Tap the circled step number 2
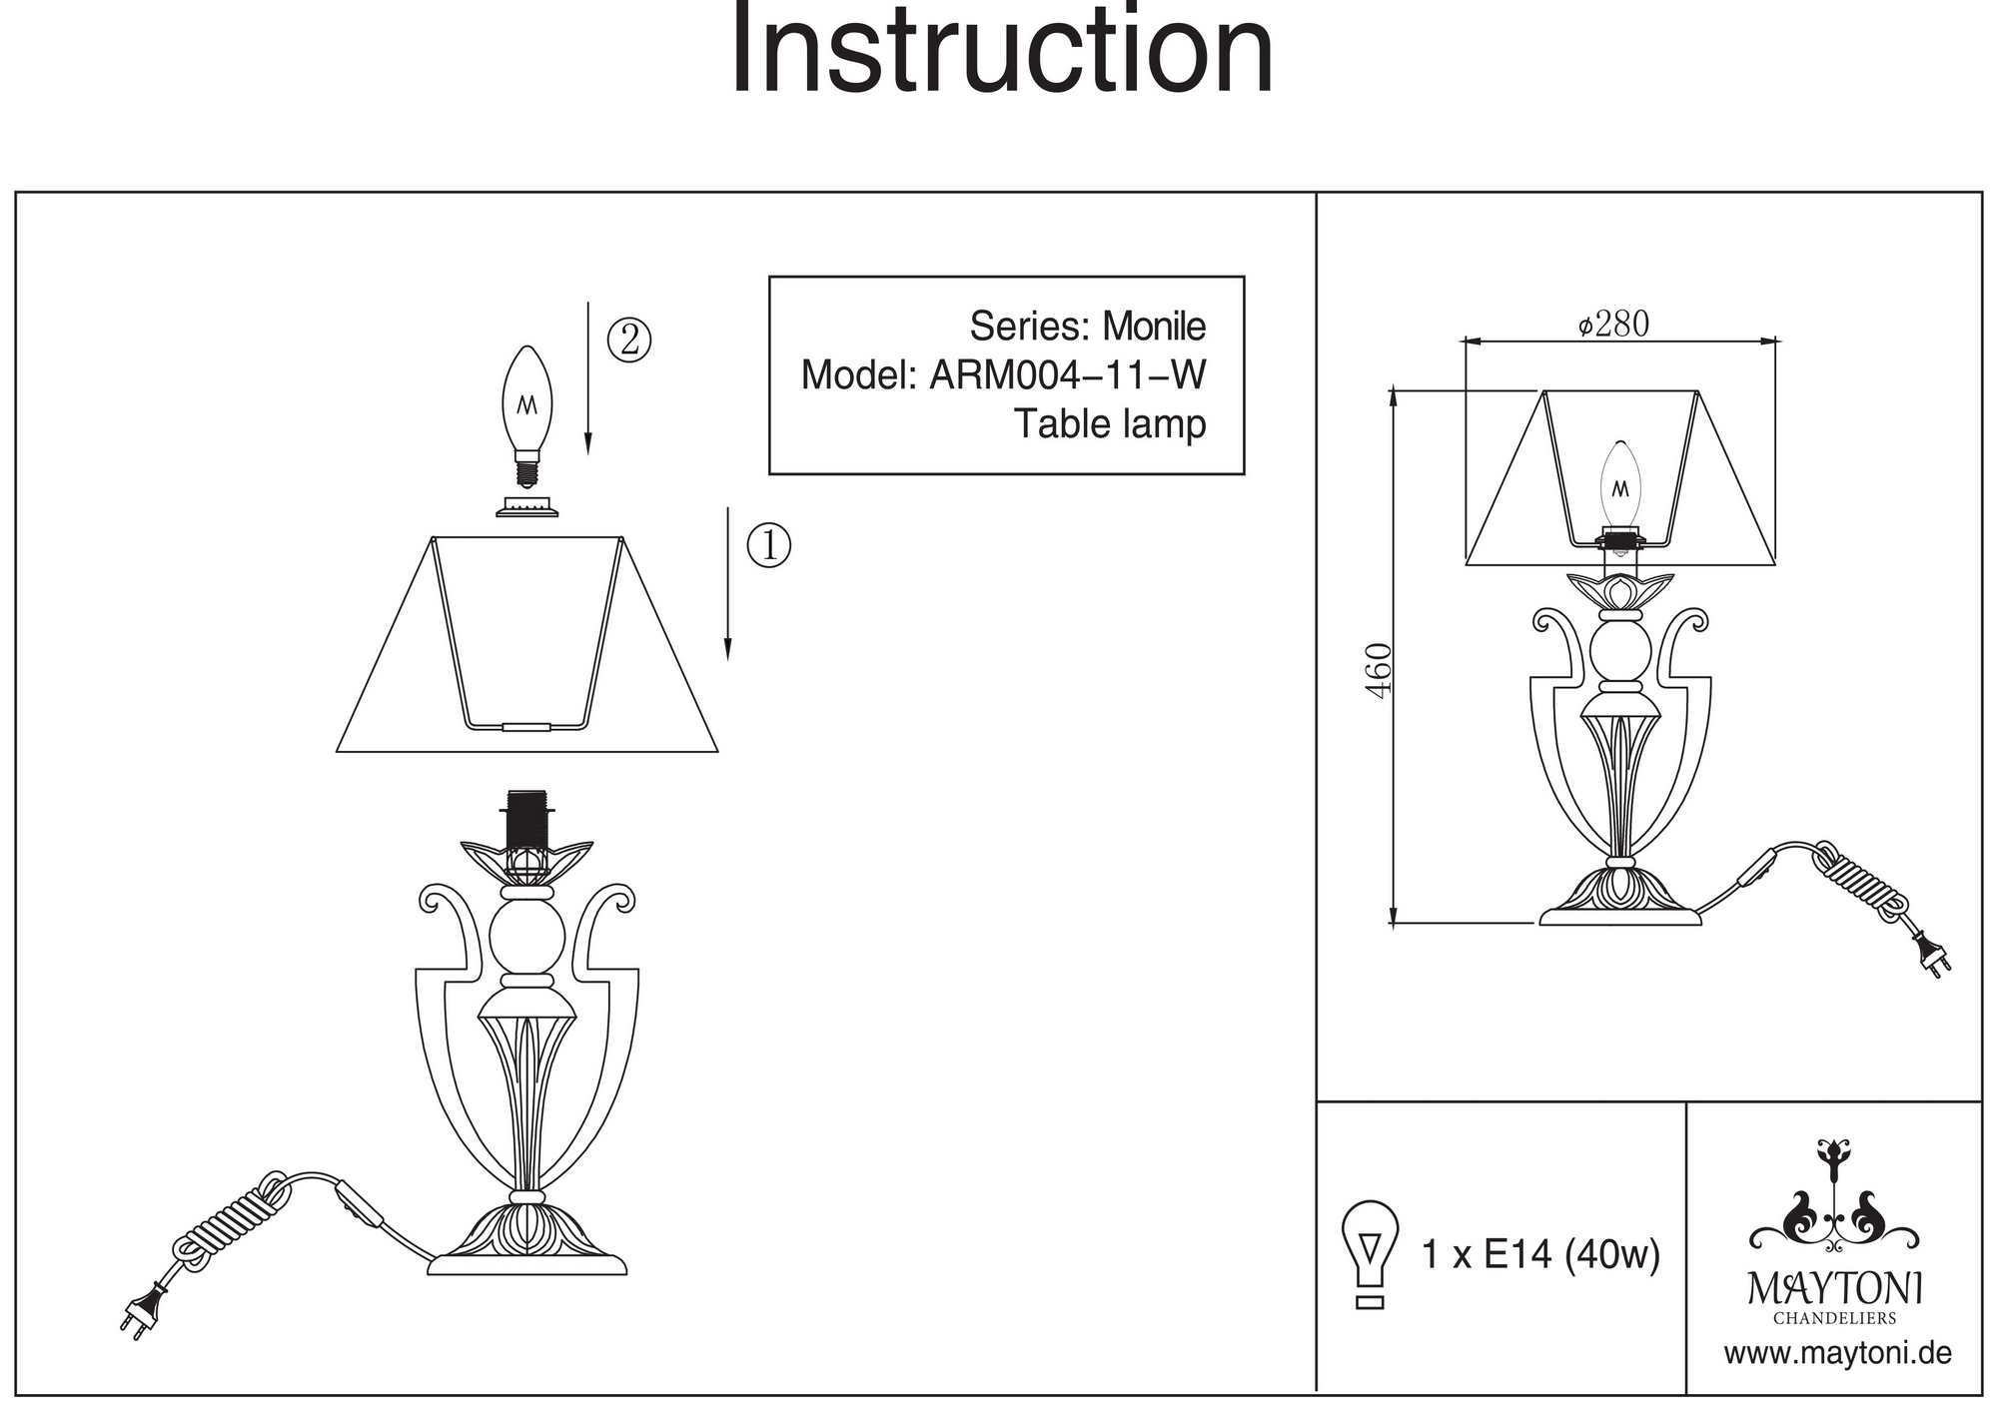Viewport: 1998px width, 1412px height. [x=629, y=340]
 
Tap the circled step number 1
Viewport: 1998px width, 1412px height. [x=769, y=545]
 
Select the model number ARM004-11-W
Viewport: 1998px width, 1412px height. [x=1068, y=375]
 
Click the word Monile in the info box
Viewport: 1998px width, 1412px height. [x=1154, y=327]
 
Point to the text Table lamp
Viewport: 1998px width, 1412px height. [x=1110, y=423]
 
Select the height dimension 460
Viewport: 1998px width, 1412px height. [x=1379, y=670]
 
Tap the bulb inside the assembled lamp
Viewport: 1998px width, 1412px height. [x=1620, y=485]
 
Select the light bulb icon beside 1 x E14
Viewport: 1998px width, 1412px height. [x=1370, y=1253]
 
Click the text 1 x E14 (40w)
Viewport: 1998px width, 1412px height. [x=1540, y=1254]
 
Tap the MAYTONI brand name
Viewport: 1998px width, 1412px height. [x=1834, y=1287]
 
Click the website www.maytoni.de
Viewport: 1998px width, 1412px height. [x=1838, y=1354]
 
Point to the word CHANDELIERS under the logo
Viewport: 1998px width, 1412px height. [x=1835, y=1318]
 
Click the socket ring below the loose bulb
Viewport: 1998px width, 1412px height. [x=526, y=507]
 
